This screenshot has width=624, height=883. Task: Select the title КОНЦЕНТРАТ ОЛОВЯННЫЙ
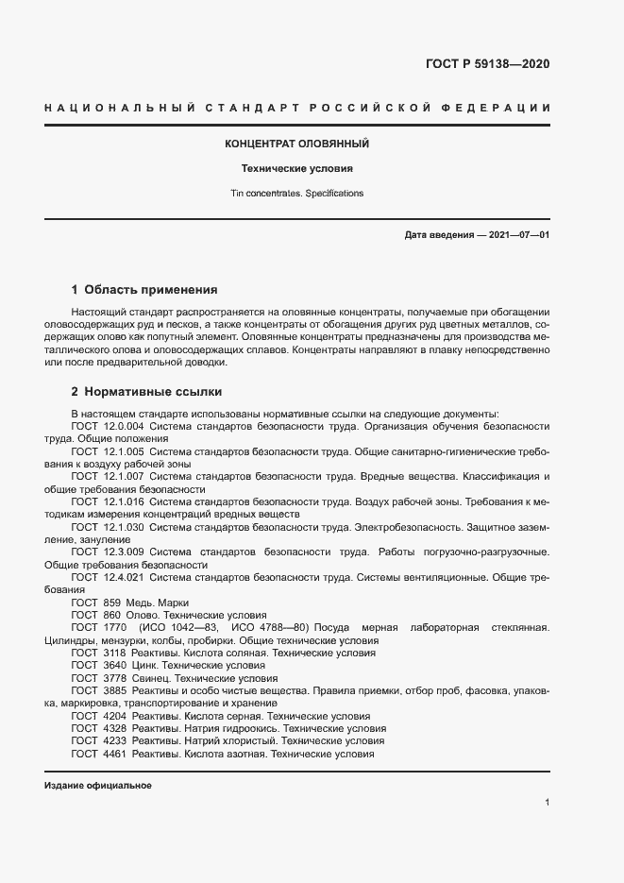point(296,144)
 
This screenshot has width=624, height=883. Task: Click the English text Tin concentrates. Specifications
point(296,193)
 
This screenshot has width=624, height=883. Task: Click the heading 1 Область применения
point(144,289)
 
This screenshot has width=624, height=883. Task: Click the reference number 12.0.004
point(123,426)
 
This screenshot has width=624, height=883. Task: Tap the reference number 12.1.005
point(123,451)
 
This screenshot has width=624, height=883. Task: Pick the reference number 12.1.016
point(123,501)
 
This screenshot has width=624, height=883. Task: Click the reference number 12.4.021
point(123,576)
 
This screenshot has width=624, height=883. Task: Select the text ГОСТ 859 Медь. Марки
point(130,602)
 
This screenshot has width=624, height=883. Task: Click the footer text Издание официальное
point(98,786)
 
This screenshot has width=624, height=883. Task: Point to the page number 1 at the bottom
point(547,803)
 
